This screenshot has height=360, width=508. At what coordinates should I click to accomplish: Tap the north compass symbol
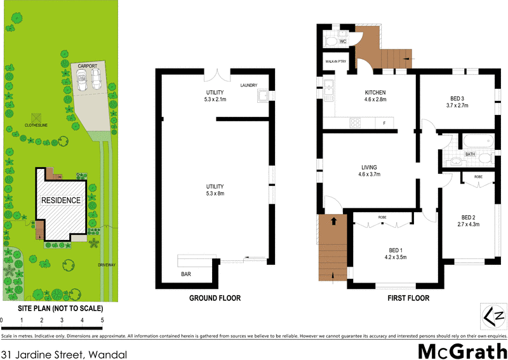(493, 316)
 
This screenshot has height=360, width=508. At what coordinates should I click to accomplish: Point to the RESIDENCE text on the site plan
(61, 201)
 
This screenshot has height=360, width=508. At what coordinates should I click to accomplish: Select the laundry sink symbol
(262, 97)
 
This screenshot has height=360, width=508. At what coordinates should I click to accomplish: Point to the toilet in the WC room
(330, 41)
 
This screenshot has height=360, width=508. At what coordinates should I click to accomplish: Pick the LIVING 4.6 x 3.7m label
(370, 171)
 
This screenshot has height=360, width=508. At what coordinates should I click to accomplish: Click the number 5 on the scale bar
(102, 319)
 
